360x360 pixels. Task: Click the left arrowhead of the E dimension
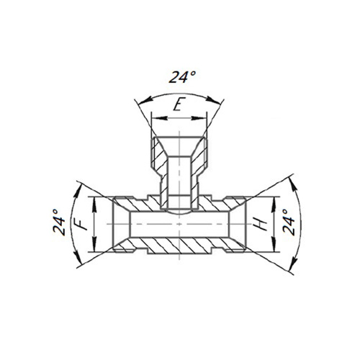(x=154, y=120)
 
